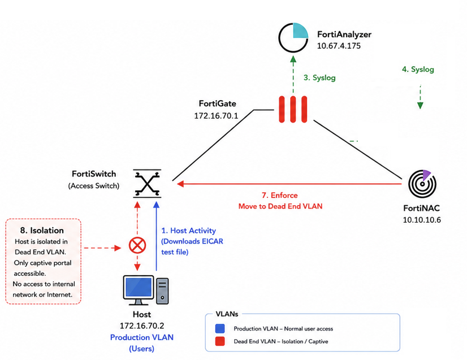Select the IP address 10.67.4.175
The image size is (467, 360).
click(x=339, y=46)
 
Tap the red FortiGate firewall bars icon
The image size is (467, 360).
click(x=293, y=109)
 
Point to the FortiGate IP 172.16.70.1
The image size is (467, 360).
click(x=216, y=116)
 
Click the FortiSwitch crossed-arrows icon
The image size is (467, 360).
click(x=147, y=184)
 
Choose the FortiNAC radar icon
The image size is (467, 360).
click(x=422, y=184)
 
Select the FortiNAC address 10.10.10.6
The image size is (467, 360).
click(x=422, y=220)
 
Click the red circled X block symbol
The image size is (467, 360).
click(x=137, y=245)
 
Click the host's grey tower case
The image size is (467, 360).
click(x=162, y=291)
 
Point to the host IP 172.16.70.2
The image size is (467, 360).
click(x=142, y=326)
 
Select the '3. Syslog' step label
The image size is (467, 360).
click(x=319, y=78)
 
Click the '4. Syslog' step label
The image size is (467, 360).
click(x=418, y=70)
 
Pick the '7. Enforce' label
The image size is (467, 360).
click(x=280, y=196)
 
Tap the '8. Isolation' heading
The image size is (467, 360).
click(x=42, y=231)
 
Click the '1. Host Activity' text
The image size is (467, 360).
click(x=188, y=231)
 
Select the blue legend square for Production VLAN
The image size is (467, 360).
click(x=220, y=328)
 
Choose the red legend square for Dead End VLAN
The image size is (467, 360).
click(x=220, y=341)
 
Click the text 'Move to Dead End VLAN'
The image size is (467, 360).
click(x=280, y=206)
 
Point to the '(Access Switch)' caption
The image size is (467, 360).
click(x=93, y=186)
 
